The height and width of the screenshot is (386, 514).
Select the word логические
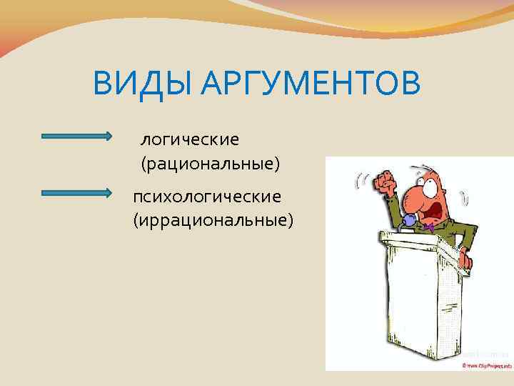point(190,137)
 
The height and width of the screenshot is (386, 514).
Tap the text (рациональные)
point(210,164)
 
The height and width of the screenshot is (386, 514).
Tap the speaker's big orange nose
point(408,197)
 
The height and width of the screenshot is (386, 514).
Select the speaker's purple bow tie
point(428,227)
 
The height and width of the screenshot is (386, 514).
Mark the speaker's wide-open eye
point(430,184)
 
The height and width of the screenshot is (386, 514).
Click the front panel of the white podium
point(421,300)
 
